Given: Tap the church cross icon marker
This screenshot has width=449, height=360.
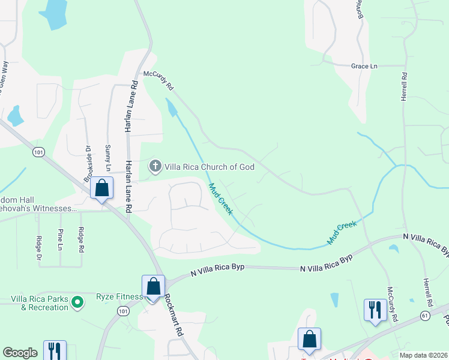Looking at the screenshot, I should (x=155, y=166).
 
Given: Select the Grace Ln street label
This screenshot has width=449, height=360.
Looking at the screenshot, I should (x=364, y=66).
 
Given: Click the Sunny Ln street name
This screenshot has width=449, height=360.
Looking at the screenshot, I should (x=108, y=157).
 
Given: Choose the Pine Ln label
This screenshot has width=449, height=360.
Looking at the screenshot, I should (x=61, y=239).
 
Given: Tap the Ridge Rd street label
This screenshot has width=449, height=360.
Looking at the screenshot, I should (x=81, y=239).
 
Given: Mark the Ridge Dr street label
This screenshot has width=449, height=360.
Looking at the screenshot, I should (x=40, y=248).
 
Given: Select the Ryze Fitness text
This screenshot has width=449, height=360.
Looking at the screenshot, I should (x=119, y=296).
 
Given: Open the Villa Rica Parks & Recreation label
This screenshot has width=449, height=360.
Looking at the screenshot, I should (x=40, y=303).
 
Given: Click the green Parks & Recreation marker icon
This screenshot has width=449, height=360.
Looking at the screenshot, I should (x=77, y=302).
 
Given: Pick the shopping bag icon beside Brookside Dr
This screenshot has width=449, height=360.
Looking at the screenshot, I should (x=102, y=188).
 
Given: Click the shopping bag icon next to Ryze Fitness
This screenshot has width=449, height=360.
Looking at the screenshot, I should (x=153, y=286).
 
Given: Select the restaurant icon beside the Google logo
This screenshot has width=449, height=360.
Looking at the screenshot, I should (x=55, y=350).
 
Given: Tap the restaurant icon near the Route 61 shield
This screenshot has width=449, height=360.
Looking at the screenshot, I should (x=375, y=310).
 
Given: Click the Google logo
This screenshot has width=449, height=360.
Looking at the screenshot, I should (x=20, y=353).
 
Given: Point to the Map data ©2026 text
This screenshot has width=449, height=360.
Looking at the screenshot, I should (x=423, y=355).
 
